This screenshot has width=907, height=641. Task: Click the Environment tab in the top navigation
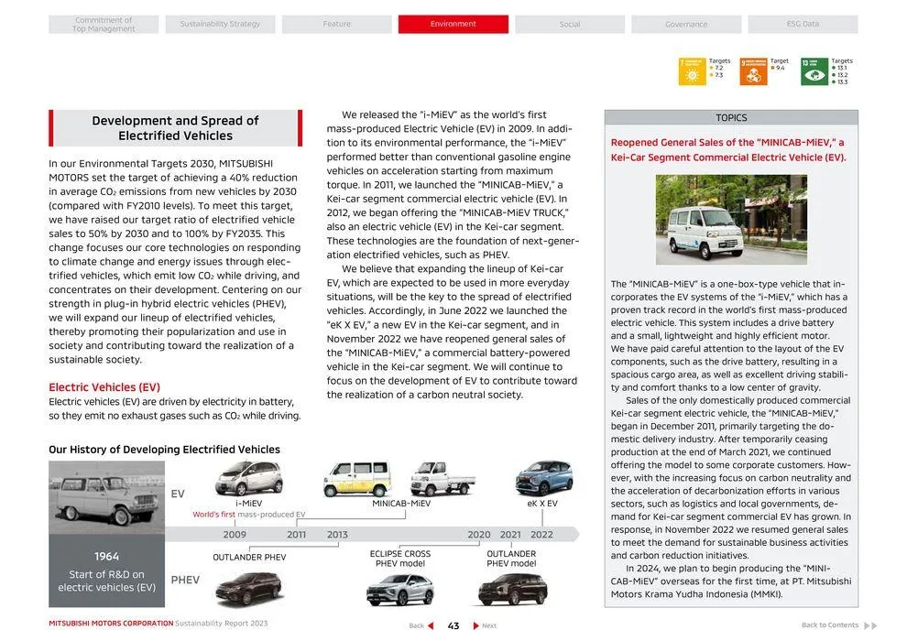coord(453,24)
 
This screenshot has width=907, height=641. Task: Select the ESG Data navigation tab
coord(803,24)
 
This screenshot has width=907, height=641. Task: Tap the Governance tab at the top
coord(686,24)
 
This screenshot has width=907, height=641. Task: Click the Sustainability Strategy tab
coord(220,24)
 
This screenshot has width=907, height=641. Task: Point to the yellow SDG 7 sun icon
coord(692,71)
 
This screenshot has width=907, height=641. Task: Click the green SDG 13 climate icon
coord(814,71)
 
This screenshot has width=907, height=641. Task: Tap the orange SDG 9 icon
coord(753,71)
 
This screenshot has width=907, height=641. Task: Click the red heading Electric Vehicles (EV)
coord(104,387)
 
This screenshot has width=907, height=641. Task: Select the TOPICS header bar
coord(731,117)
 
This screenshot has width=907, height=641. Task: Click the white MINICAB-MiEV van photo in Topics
coord(731,219)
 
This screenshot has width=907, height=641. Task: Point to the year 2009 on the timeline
coord(235,535)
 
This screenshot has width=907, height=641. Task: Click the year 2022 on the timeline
coord(541,535)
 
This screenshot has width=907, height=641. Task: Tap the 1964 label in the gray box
coord(106,556)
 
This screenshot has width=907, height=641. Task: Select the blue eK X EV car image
coord(543,478)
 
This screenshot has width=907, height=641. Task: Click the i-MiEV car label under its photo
coord(248,503)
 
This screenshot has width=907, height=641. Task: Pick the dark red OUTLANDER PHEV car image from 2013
coord(249,586)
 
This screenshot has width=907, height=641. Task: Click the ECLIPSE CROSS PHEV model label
coord(400,559)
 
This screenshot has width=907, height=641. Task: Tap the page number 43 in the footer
coord(453,626)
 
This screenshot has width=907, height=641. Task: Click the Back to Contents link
coord(830,625)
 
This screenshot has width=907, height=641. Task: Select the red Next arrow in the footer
coord(476,626)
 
